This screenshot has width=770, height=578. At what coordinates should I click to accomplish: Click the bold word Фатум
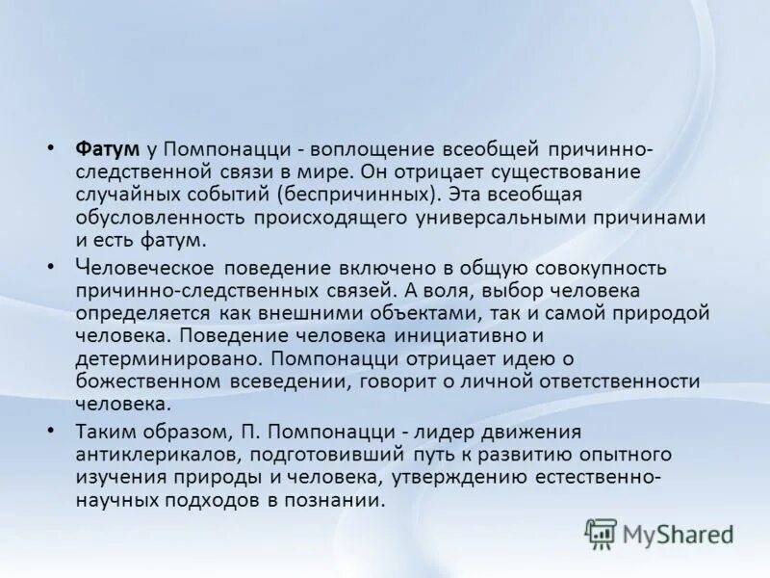click(108, 149)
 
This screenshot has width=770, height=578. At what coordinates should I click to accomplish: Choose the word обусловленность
click(160, 217)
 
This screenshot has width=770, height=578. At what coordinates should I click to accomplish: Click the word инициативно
click(456, 335)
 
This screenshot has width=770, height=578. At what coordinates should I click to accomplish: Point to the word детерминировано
click(167, 358)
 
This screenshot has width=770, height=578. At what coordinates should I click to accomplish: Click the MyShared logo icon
click(602, 533)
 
